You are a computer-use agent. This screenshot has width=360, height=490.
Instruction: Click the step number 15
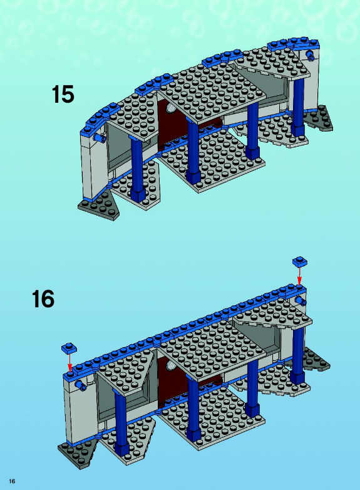tap(63, 94)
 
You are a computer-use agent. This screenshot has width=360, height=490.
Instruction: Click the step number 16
tap(43, 299)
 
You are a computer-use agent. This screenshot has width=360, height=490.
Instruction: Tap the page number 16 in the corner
tap(12, 481)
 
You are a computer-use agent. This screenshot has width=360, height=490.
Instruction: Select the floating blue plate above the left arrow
tap(69, 348)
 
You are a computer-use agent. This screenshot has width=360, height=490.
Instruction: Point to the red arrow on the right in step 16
tap(299, 276)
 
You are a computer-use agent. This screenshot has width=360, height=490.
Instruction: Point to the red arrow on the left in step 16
tap(69, 362)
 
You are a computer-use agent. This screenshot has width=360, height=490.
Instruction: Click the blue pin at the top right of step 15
tap(311, 56)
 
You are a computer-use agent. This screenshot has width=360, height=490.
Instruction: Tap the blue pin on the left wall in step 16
tap(81, 385)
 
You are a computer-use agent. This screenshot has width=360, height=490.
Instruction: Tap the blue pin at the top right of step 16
tap(301, 301)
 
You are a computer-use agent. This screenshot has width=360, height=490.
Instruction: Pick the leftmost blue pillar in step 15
tap(136, 169)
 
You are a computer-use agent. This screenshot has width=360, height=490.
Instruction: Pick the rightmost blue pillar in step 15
tap(297, 107)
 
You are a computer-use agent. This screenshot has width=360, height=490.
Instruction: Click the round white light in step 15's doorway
tap(172, 109)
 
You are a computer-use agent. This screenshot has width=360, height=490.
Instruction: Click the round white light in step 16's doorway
tap(172, 365)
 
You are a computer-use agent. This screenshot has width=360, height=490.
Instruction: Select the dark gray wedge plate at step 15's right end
tap(319, 120)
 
